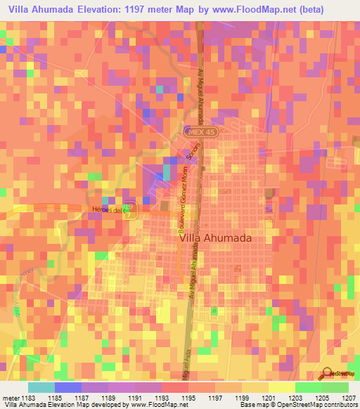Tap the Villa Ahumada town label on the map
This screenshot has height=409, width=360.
[216, 238]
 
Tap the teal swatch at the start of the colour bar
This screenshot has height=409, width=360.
[41, 387]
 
